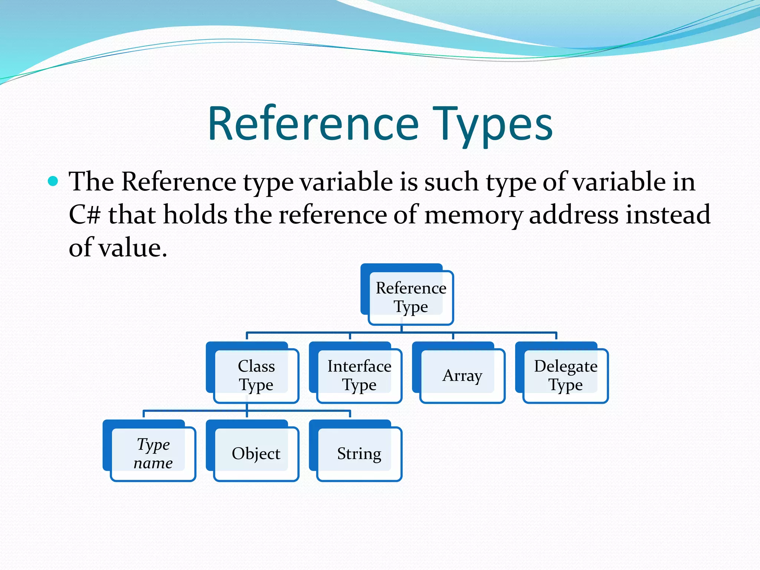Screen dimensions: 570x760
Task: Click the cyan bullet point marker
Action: pos(53,181)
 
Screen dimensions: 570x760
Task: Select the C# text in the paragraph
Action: pos(85,215)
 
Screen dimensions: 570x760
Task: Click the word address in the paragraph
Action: pos(574,215)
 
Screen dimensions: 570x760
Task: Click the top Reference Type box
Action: pos(411,297)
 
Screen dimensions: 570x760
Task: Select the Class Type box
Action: pos(256,376)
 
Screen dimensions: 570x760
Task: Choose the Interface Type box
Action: pos(359,376)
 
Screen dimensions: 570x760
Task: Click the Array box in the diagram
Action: pos(462,376)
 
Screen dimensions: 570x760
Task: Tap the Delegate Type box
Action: pos(566,376)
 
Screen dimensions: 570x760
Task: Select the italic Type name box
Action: pos(153,453)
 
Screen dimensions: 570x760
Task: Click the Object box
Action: pos(256,453)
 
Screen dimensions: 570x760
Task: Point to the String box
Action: pos(359,453)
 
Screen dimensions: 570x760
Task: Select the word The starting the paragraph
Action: pos(91,182)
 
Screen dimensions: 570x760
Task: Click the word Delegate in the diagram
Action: pos(566,366)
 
